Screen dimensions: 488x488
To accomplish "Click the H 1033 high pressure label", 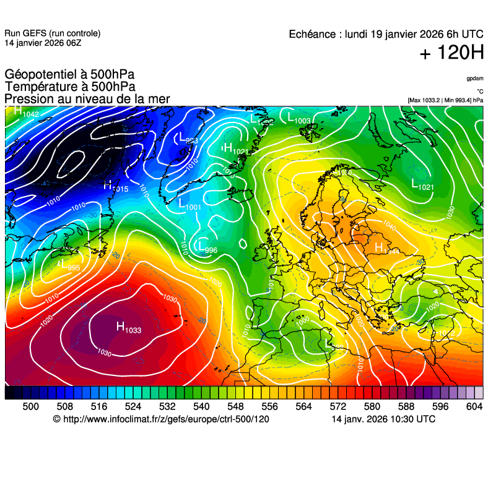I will coord(129,327).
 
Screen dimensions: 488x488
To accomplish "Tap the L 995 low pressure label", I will coord(70,265).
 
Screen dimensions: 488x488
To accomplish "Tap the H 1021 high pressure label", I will coord(235,149).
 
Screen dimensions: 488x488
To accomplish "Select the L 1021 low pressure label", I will coord(422,184).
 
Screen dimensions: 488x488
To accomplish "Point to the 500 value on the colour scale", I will coord(30,406).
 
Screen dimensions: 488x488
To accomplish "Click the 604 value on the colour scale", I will coord(474,406).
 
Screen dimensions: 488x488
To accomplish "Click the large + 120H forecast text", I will coord(451,53).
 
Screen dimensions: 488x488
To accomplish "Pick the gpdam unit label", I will coord(474,79).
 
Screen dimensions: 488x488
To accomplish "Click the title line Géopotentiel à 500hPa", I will coord(69,75).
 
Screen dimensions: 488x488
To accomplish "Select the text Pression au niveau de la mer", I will coord(87,99).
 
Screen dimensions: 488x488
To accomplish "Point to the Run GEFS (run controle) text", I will coord(52,33).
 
